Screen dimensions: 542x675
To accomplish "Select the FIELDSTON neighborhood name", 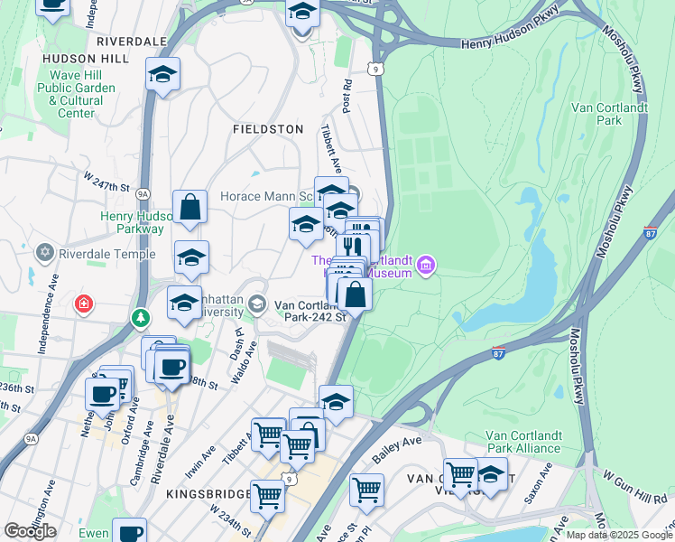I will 268,129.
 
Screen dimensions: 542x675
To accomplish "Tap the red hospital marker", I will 84,303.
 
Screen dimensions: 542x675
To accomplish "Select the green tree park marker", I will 140,318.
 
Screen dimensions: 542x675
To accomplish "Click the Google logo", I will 30,531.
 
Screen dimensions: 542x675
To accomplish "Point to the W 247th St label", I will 106,182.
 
